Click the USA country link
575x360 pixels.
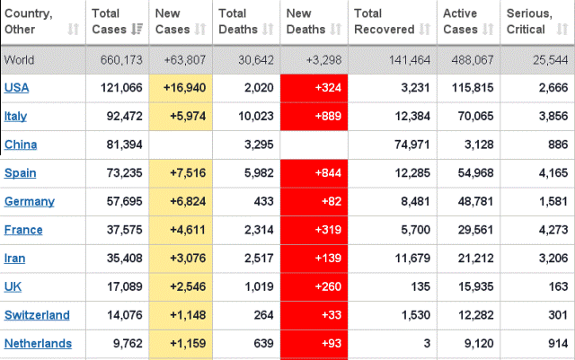coord(17,87)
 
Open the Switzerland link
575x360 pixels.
coord(36,315)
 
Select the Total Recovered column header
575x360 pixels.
coord(384,22)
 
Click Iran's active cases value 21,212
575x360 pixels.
coord(475,259)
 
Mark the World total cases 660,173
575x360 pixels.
coord(115,60)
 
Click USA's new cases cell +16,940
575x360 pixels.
coord(185,87)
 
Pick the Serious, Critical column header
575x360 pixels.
coord(530,22)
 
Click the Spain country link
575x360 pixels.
coord(21,172)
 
